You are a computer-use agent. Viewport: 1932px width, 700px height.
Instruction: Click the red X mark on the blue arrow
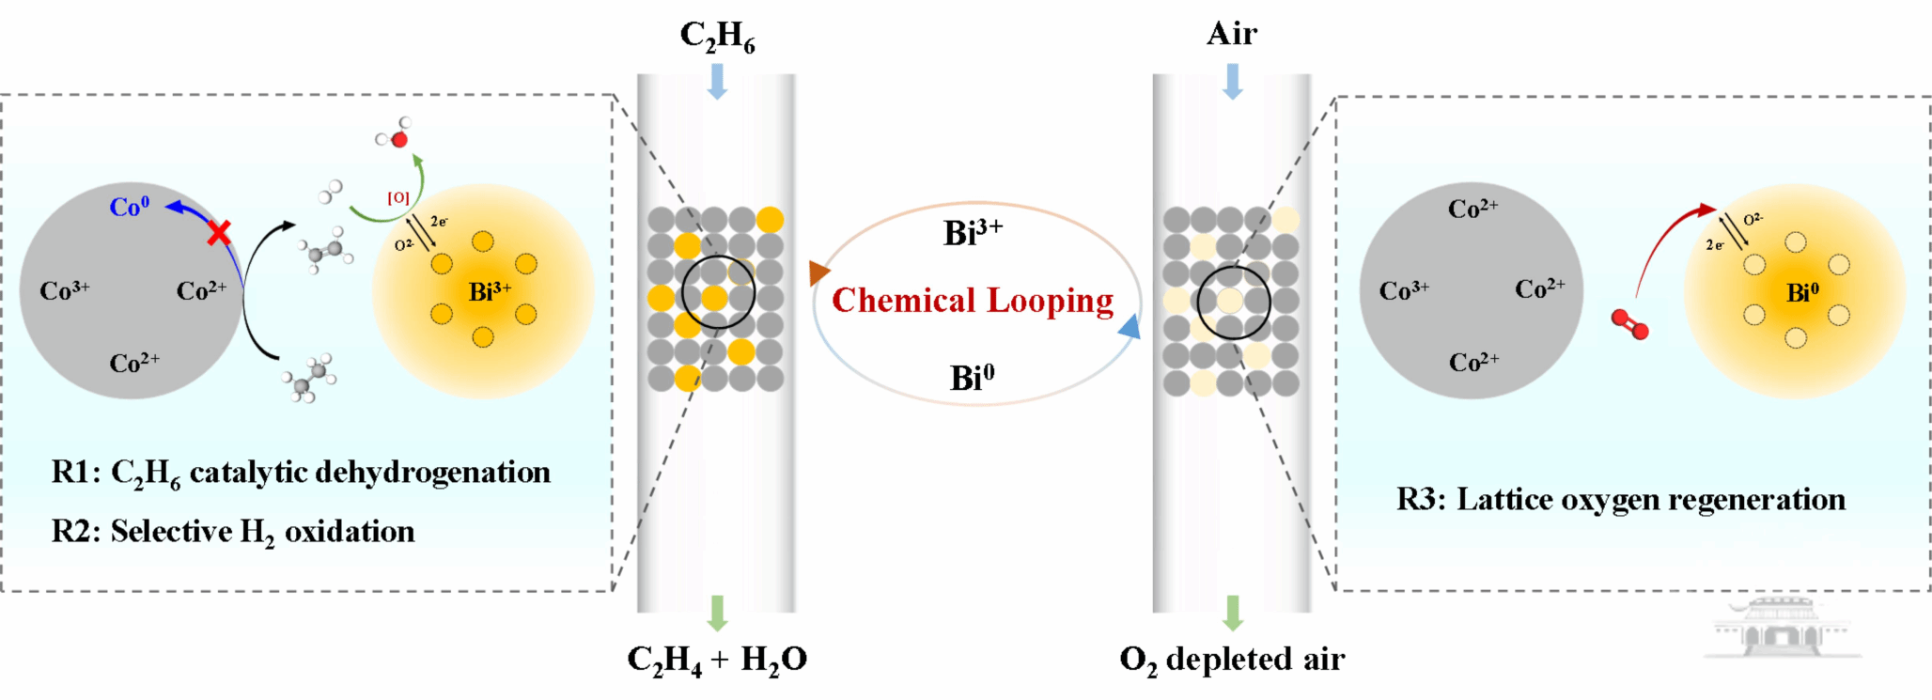219,232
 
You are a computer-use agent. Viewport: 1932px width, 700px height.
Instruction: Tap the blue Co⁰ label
129,207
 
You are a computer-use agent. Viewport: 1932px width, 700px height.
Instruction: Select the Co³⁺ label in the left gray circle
64,290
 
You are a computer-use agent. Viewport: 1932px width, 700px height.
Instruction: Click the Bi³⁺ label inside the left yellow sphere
490,292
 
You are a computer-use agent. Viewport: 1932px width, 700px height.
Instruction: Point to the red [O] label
398,198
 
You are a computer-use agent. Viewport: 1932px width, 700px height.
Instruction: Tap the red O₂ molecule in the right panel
1629,324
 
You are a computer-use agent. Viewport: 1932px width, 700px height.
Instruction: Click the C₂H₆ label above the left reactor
717,36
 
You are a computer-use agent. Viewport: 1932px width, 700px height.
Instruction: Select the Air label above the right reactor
1231,34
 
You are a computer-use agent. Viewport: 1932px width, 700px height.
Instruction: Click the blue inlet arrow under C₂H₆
717,81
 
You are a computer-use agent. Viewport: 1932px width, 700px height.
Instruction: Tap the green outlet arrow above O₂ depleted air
1233,613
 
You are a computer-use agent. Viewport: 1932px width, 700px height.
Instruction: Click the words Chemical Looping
973,301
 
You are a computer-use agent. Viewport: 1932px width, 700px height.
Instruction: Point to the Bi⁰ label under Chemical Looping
972,378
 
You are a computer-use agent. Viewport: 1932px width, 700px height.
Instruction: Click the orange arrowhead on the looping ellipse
818,272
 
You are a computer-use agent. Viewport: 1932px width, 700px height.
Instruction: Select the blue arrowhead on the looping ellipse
1130,326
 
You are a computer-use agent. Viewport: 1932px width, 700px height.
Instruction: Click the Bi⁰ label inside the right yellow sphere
1802,293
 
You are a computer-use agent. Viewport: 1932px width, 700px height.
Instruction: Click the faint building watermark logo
1777,628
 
